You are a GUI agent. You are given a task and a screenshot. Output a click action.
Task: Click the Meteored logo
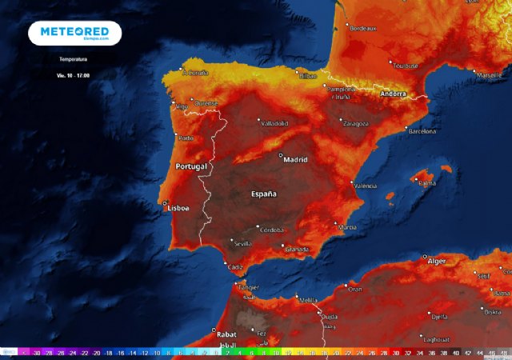click(74, 33)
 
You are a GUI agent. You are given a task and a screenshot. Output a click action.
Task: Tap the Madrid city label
click(296, 159)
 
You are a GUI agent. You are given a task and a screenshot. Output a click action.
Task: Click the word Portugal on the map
click(191, 166)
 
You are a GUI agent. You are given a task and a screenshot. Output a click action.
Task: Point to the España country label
click(264, 194)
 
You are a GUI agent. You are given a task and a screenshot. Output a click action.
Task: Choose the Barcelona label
click(422, 130)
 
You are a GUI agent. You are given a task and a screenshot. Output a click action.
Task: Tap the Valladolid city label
click(274, 123)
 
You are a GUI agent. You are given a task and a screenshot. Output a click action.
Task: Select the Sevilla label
click(242, 242)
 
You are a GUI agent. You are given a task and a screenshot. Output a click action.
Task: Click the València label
click(365, 186)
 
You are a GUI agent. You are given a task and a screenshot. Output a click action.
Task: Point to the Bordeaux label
click(363, 28)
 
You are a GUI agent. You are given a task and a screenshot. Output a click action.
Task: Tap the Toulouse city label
click(406, 65)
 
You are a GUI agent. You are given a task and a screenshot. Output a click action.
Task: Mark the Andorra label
click(393, 94)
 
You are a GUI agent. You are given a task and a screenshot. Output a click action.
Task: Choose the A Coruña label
click(196, 73)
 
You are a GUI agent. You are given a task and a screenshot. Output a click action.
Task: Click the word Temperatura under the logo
click(74, 59)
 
